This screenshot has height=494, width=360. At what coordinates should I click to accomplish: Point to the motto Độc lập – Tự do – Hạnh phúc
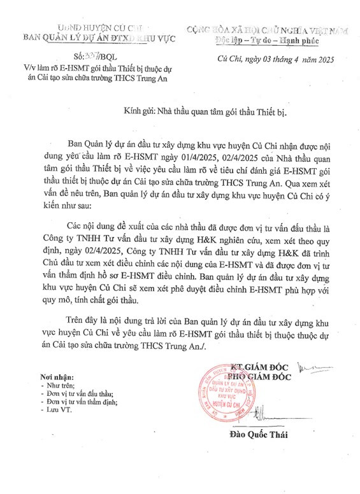coord(269,40)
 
